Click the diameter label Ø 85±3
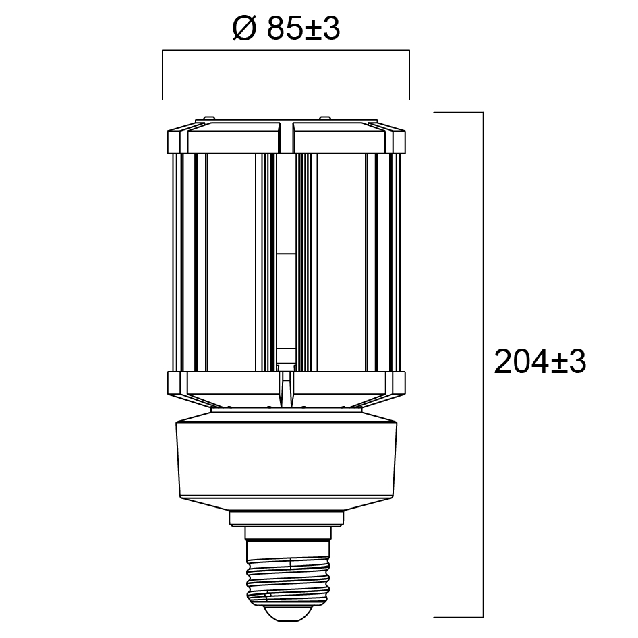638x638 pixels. click(286, 29)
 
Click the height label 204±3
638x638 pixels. click(540, 361)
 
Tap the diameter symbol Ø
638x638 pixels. click(245, 29)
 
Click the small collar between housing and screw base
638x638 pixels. click(287, 519)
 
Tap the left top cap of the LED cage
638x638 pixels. click(224, 137)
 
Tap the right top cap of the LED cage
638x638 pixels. click(349, 137)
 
